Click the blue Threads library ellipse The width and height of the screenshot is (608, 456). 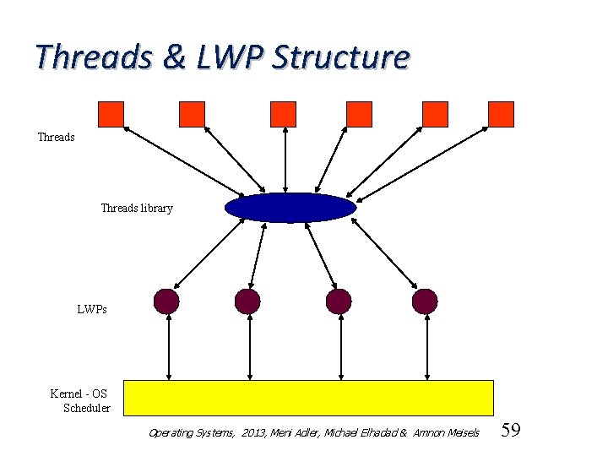[290, 208]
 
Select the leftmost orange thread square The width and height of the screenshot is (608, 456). [111, 114]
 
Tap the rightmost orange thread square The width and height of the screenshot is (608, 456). [501, 114]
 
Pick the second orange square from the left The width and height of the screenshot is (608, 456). [192, 114]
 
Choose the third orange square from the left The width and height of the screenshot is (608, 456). [283, 114]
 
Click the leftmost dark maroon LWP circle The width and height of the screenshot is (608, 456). [167, 301]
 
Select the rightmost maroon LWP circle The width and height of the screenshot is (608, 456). [425, 301]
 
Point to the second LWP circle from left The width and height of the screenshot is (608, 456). [247, 301]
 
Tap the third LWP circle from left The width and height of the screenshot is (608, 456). [338, 301]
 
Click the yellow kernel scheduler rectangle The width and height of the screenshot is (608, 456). [308, 398]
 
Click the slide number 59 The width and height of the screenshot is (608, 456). [510, 432]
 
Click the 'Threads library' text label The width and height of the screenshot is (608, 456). [137, 209]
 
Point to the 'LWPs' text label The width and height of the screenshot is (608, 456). [92, 310]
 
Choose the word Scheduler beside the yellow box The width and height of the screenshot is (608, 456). [87, 409]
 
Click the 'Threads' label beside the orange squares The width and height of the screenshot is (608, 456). [57, 137]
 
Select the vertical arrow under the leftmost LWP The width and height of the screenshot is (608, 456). [170, 347]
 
